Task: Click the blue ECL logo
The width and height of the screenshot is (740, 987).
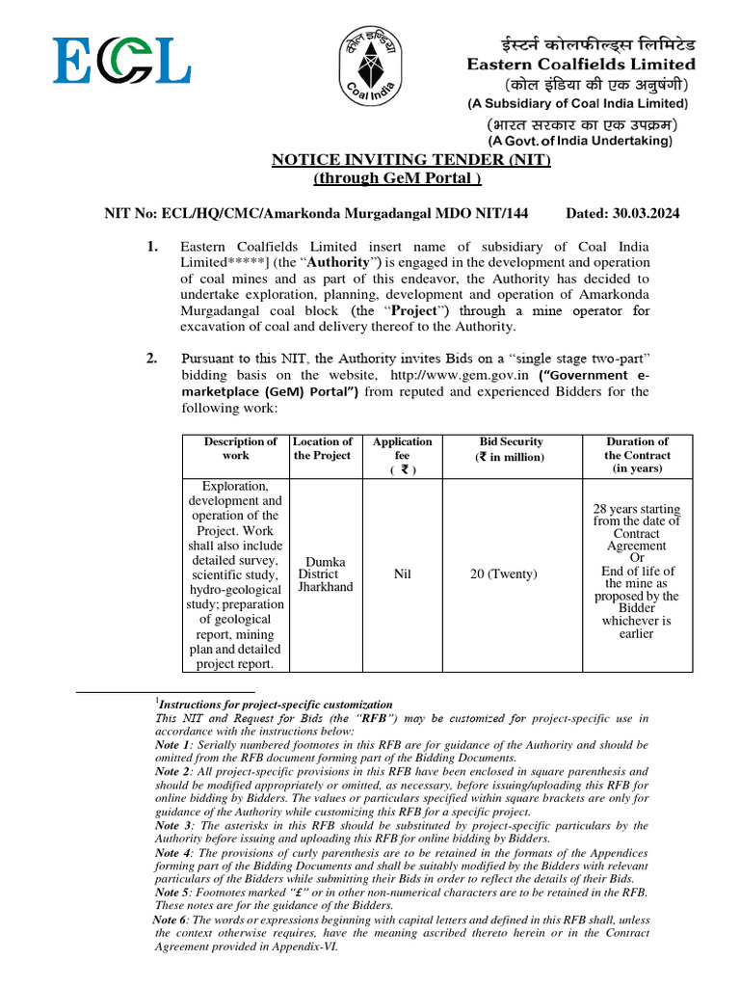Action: click(x=120, y=61)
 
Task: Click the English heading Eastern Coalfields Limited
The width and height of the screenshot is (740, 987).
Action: click(x=580, y=65)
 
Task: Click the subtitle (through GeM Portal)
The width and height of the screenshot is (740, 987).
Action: click(x=397, y=178)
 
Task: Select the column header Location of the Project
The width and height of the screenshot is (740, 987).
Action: click(x=322, y=448)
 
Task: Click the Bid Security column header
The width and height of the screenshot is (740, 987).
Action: click(x=511, y=448)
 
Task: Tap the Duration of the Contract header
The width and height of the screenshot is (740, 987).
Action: click(x=637, y=455)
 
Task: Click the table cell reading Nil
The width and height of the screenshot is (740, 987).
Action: click(x=403, y=574)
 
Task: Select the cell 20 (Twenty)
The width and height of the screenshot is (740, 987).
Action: click(x=504, y=574)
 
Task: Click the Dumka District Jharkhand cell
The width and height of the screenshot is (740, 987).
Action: click(x=325, y=574)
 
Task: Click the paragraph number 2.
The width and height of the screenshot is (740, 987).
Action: click(x=152, y=360)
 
